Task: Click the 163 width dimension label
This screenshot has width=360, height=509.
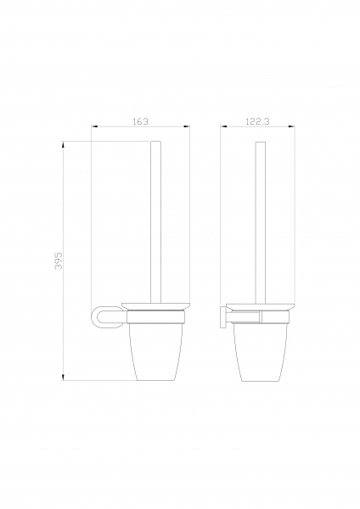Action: [141, 121]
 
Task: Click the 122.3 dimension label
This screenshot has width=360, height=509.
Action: [257, 121]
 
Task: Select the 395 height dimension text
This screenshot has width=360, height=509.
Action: [59, 260]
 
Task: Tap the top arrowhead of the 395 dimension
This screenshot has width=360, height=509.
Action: [63, 144]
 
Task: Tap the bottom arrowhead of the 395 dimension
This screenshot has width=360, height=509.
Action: [63, 377]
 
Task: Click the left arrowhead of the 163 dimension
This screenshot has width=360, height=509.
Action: [94, 126]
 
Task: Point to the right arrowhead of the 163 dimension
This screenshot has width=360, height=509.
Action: [187, 126]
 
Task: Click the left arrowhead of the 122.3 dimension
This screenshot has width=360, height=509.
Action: [223, 126]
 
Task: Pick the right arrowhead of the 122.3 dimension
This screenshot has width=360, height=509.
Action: [292, 126]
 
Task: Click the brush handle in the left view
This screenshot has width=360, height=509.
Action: [156, 222]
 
